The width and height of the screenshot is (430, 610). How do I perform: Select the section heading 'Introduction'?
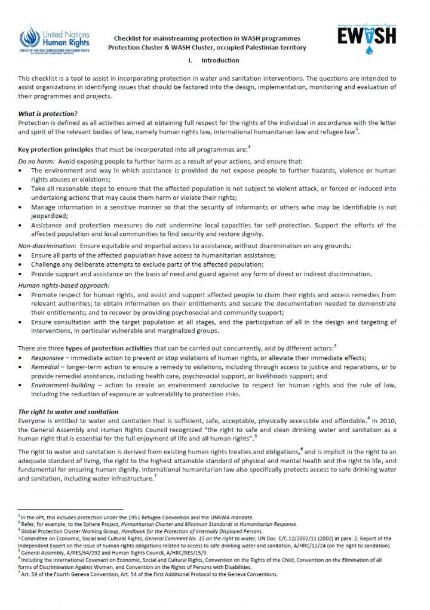[220, 60]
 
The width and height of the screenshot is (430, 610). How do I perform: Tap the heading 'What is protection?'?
[48, 113]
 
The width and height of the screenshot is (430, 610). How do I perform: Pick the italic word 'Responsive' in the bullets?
[47, 358]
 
